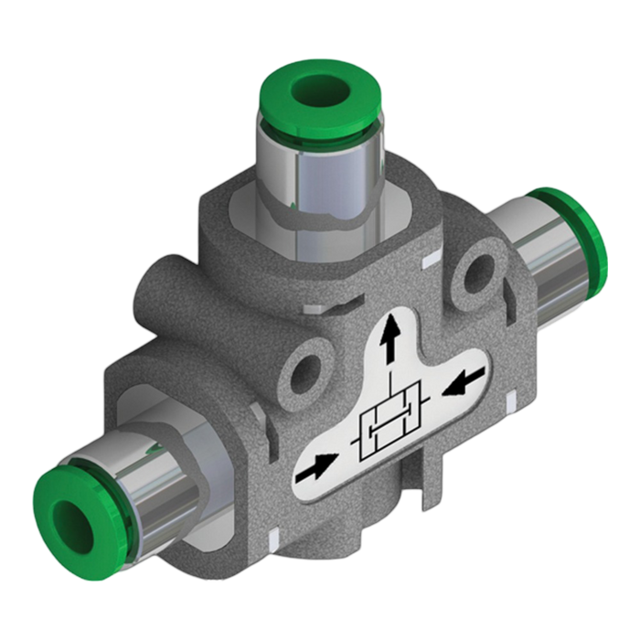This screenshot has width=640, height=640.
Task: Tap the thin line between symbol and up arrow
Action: coord(390,384)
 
